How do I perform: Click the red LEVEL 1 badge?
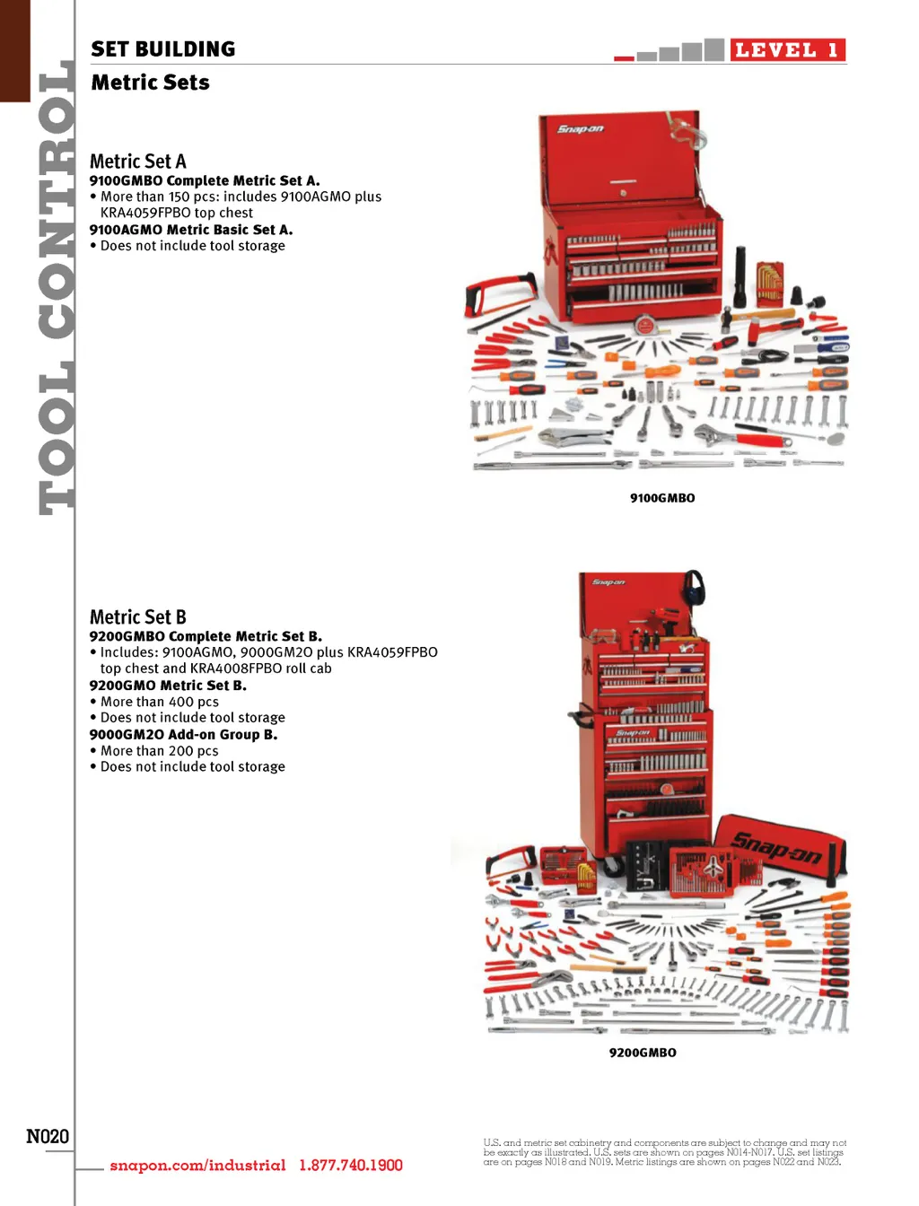786,50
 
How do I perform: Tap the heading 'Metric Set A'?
138,162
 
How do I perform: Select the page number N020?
48,1136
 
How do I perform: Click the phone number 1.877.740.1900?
351,1166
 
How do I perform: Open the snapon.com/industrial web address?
197,1166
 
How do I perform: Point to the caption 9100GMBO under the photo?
662,498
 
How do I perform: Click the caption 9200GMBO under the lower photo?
643,1053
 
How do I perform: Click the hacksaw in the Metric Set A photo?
499,297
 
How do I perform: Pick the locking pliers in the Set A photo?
574,437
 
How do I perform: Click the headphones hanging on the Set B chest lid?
692,587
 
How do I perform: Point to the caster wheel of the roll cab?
612,867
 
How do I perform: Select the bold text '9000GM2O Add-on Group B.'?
183,735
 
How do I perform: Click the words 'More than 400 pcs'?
160,702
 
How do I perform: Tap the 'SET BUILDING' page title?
163,48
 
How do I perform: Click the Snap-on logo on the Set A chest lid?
580,129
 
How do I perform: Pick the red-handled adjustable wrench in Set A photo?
741,437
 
